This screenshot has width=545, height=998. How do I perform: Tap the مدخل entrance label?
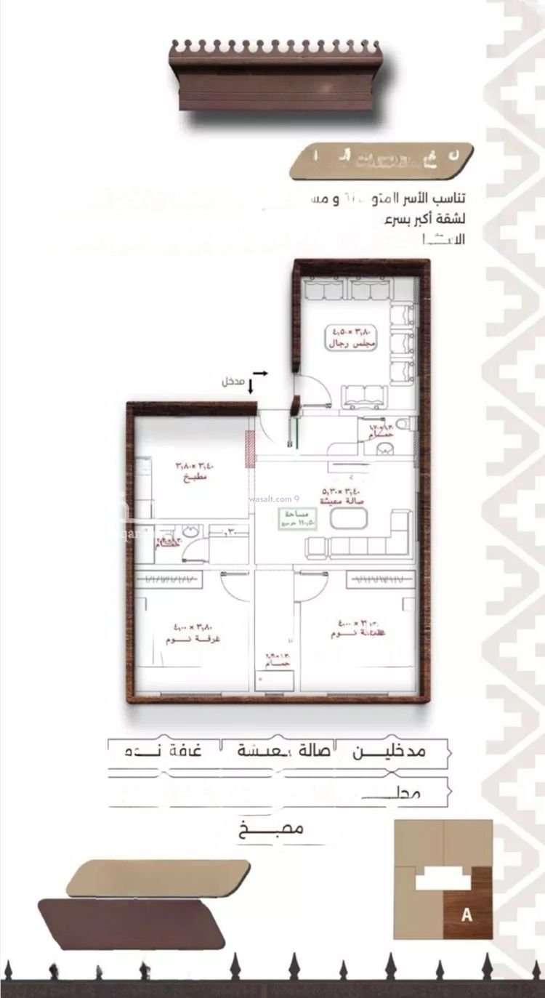point(233,381)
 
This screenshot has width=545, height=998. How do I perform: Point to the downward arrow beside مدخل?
point(251,386)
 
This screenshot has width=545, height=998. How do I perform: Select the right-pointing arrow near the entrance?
point(261,373)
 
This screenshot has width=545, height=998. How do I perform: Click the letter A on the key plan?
point(467,915)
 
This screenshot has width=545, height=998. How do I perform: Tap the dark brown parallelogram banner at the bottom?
point(131,923)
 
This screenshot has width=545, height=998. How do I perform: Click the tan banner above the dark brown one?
point(158,878)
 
